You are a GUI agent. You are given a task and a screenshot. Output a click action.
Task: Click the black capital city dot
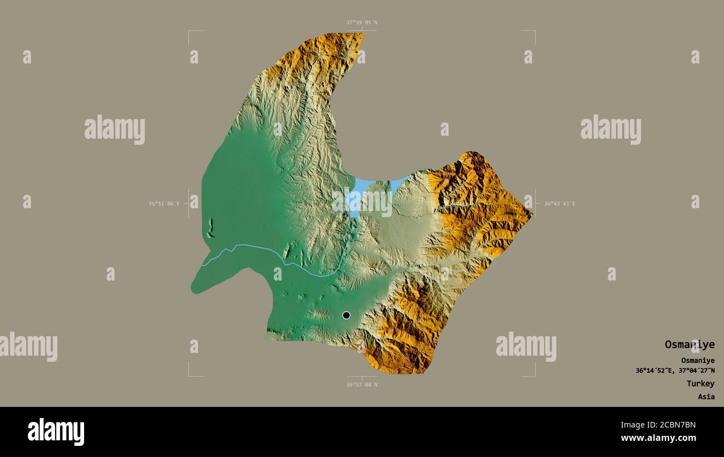[x=346, y=315]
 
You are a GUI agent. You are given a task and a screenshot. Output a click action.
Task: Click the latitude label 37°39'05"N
[x=361, y=23]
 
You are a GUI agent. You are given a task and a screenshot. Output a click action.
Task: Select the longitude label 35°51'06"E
[x=164, y=204]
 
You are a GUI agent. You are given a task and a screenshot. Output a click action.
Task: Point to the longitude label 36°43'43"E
[x=559, y=204]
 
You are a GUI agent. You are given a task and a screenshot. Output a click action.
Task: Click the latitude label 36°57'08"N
[x=361, y=385]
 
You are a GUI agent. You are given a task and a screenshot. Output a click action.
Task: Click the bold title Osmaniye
[x=689, y=345]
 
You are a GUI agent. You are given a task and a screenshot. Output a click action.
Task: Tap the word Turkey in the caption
[x=700, y=384]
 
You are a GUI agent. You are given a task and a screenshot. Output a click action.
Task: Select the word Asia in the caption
[x=706, y=397]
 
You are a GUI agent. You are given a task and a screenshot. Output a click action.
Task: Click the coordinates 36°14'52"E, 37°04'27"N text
[x=675, y=371]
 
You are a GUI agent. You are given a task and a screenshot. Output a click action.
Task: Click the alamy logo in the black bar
[x=56, y=432]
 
